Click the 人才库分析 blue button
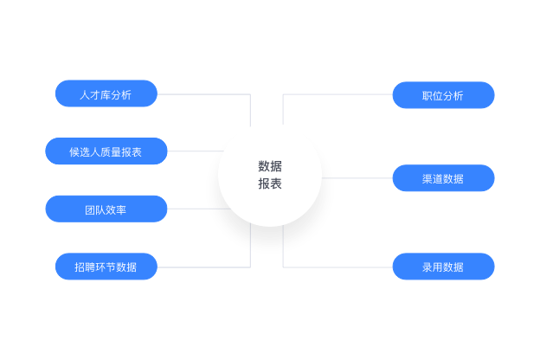[106, 93]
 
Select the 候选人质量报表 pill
[106, 151]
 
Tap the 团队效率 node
[106, 209]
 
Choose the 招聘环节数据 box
[106, 267]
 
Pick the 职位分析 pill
[443, 95]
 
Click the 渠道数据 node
[443, 178]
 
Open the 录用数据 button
[443, 267]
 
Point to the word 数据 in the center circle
[270, 166]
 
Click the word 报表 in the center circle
[270, 184]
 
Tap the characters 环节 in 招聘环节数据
[106, 267]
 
